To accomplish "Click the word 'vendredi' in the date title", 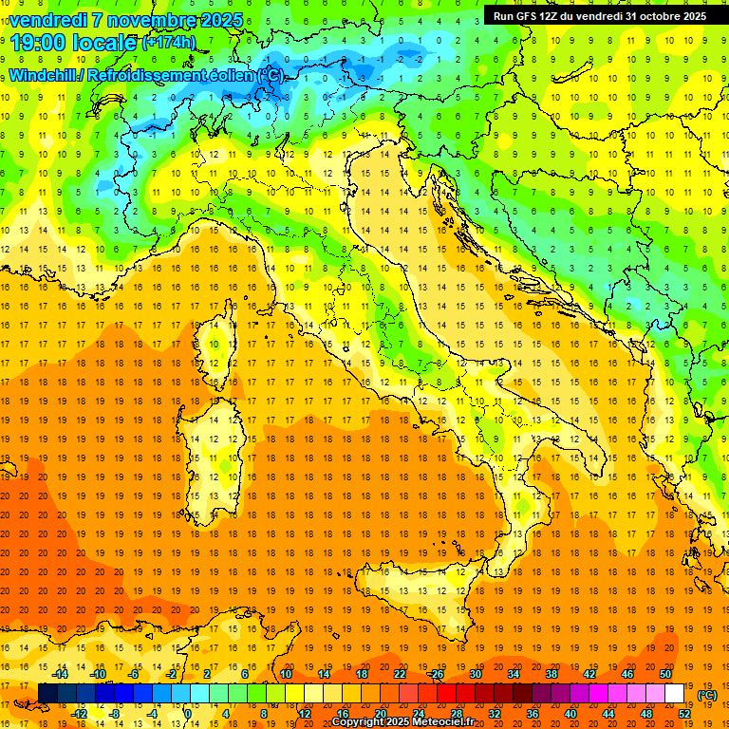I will click(x=47, y=20).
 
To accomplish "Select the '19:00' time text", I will click(x=39, y=42).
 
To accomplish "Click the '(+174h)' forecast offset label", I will click(x=169, y=43).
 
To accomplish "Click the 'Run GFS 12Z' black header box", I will click(x=598, y=15).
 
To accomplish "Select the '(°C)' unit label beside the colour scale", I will click(x=707, y=695).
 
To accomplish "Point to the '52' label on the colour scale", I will click(x=684, y=714).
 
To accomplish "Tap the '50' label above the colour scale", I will click(x=665, y=674).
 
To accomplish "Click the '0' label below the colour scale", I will click(x=188, y=714).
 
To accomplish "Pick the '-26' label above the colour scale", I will click(x=436, y=674).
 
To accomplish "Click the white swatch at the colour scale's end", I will click(x=675, y=694).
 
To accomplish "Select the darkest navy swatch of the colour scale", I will click(x=47, y=694).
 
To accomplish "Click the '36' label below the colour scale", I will click(x=533, y=714).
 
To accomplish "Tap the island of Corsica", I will click(x=216, y=351).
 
